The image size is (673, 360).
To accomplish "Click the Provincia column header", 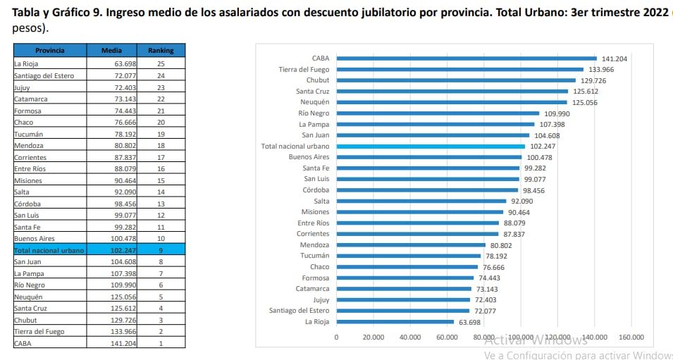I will [x=50, y=51].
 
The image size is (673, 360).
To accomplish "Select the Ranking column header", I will [x=161, y=51].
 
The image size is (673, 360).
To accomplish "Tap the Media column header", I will [x=111, y=51].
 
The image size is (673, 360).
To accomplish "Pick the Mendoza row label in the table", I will [x=29, y=145].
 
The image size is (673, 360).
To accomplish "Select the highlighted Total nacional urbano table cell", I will [x=49, y=250].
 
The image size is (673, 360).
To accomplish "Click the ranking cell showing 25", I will [x=161, y=63].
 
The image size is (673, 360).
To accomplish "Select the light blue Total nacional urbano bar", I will [x=430, y=147].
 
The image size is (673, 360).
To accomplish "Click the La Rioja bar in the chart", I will [x=395, y=322].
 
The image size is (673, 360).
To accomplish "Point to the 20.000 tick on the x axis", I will [x=373, y=337].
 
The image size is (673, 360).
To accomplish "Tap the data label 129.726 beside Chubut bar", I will [x=592, y=81].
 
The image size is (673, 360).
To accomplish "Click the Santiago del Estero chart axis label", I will [x=299, y=311].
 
